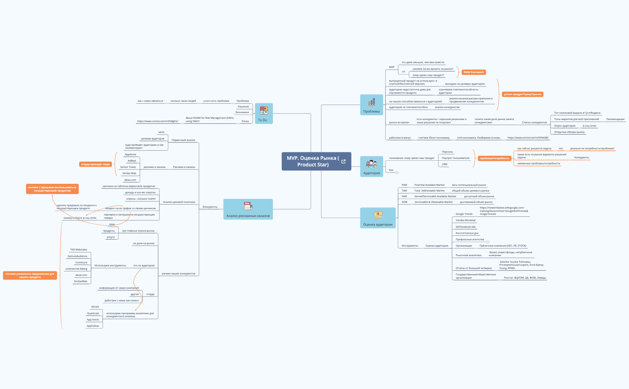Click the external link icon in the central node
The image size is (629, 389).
click(x=344, y=161)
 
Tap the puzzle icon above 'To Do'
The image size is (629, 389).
click(x=264, y=110)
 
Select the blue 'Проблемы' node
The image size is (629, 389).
click(x=371, y=105)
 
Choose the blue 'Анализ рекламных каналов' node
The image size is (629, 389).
click(x=248, y=209)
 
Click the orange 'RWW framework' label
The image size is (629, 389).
click(x=474, y=72)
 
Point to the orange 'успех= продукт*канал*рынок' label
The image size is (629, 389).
click(x=522, y=94)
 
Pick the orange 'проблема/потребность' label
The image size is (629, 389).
click(x=494, y=158)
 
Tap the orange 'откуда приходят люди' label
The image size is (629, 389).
click(x=95, y=164)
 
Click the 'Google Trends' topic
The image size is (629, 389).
click(x=464, y=214)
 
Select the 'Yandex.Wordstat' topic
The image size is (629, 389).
click(x=465, y=220)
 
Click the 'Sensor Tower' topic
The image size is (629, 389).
click(x=128, y=167)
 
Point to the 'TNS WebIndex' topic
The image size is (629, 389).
click(x=79, y=250)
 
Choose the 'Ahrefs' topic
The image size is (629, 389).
click(x=95, y=307)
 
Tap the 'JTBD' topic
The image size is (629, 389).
click(x=444, y=164)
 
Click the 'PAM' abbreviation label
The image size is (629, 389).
click(x=404, y=185)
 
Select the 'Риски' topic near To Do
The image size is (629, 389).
click(x=245, y=121)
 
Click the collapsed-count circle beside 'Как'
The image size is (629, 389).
click(x=397, y=172)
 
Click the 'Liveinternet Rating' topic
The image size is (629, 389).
click(x=76, y=269)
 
